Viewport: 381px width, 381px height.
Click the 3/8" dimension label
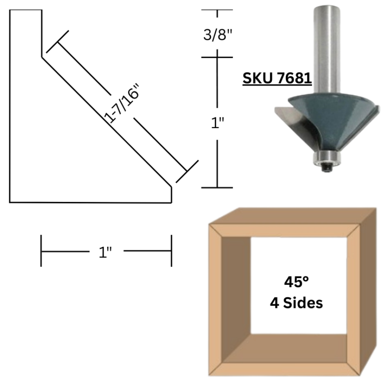click(218, 35)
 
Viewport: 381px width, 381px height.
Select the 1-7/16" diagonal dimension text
click(122, 103)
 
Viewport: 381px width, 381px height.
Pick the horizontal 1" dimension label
click(105, 252)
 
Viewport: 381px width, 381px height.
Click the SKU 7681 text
click(277, 78)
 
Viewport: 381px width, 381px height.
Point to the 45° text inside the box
click(296, 282)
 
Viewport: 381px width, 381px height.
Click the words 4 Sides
click(296, 303)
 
